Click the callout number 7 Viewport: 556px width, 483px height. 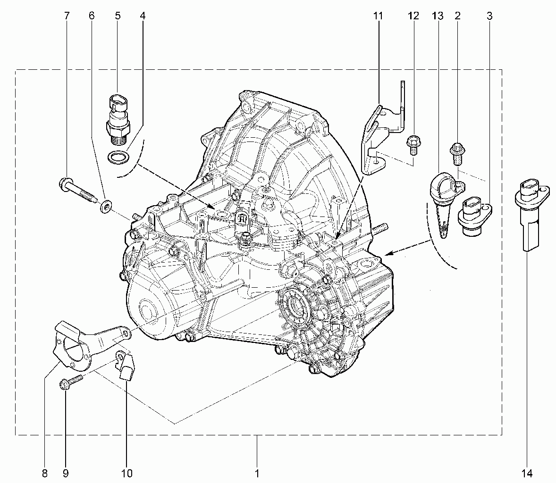[x=67, y=16]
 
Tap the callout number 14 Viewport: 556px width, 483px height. [x=527, y=473]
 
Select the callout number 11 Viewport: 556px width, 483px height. [x=378, y=16]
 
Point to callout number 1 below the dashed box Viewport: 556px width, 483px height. [x=257, y=473]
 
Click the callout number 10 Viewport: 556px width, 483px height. [x=126, y=473]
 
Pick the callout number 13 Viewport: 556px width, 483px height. [x=438, y=16]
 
